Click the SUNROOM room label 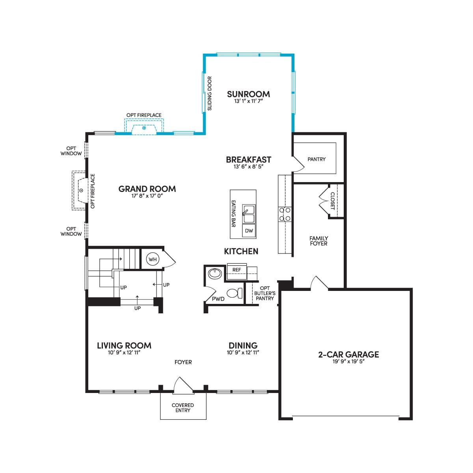click(248, 94)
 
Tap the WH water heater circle click(153, 259)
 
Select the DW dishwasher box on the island click(249, 231)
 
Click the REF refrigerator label click(236, 270)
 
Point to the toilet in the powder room click(235, 293)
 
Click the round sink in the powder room click(215, 273)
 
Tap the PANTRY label click(317, 159)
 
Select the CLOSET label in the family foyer click(333, 201)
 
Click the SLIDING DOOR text click(209, 93)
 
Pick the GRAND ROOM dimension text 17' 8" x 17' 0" click(147, 196)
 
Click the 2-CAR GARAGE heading click(348, 354)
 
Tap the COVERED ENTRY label click(183, 408)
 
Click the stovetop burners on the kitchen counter click(285, 214)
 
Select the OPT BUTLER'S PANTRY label click(265, 293)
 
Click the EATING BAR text click(233, 214)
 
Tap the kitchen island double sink click(249, 214)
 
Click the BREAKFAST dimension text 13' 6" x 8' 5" click(248, 167)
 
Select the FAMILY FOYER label click(318, 241)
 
